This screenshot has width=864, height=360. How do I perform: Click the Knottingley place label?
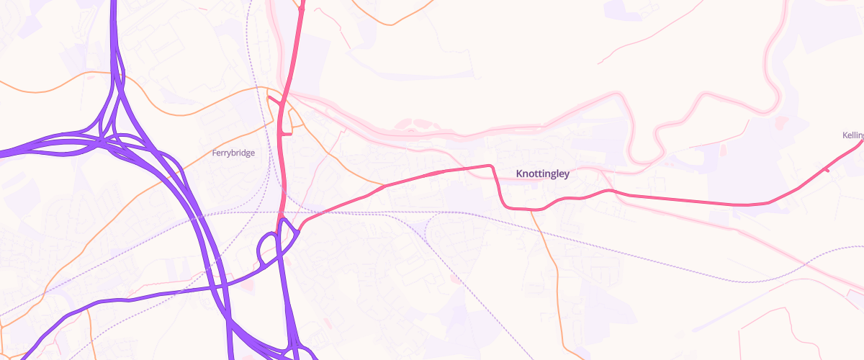tap(543, 174)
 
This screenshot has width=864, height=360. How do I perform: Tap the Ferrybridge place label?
tap(233, 153)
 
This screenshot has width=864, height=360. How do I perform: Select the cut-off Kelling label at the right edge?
tap(852, 135)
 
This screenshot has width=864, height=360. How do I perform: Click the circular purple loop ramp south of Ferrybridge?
tap(268, 248)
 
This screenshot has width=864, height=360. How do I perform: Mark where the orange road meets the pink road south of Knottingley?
tap(536, 210)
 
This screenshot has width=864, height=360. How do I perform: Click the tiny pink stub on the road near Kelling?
tap(827, 170)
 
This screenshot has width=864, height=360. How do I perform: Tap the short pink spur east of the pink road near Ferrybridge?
tap(286, 133)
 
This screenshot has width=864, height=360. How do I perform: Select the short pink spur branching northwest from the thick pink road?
tap(274, 99)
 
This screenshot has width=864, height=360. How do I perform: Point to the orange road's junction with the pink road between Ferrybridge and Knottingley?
tap(383, 186)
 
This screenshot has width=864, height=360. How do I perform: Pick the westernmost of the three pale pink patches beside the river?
tap(404, 124)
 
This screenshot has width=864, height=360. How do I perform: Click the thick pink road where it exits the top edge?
tap(302, 3)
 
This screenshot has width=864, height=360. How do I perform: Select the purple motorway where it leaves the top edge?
tap(115, 3)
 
